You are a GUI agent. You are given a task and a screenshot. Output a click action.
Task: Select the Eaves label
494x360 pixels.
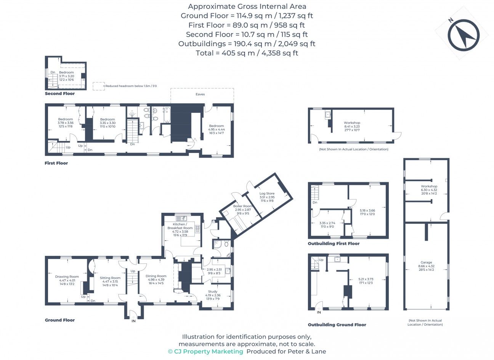[x=200, y=94]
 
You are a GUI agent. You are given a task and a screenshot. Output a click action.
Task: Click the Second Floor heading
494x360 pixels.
[x=60, y=93]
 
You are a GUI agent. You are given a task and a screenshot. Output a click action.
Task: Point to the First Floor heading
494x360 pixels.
[x=56, y=163]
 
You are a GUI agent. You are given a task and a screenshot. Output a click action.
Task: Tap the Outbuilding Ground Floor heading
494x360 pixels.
[x=337, y=325]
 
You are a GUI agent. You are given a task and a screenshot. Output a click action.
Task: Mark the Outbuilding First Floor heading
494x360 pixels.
[x=334, y=244]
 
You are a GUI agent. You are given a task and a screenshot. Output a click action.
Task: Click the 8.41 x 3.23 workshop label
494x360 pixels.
[x=352, y=126]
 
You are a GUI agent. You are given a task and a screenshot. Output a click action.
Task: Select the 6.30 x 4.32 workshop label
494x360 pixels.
[x=429, y=190]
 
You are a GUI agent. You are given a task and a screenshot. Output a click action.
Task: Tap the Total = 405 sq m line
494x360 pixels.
[x=247, y=53]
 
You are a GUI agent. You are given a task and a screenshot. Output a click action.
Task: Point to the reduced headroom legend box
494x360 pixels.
[x=99, y=86]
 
